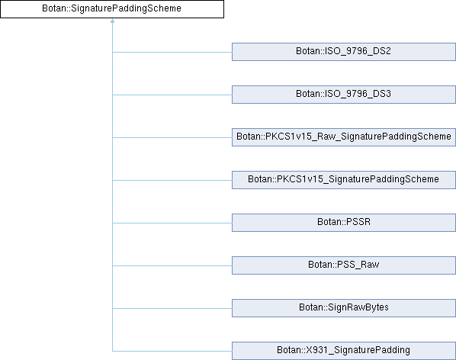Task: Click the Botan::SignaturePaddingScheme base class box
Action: coord(112,9)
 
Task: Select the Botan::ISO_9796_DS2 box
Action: coord(344,52)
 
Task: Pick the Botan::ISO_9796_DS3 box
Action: coord(344,95)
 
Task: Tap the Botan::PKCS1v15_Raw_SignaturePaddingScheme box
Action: coord(344,137)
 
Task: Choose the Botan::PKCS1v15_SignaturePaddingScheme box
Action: coord(344,180)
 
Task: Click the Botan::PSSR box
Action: coord(344,223)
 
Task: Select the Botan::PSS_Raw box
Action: coord(344,265)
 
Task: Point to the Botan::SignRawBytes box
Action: coord(344,308)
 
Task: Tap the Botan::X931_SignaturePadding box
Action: coord(344,351)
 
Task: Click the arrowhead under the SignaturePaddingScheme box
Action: coord(112,21)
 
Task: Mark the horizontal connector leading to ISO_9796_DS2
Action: coord(172,53)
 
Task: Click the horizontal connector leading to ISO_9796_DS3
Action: coord(172,95)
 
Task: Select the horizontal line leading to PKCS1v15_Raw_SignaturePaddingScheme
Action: coord(172,137)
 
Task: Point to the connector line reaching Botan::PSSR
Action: coord(172,223)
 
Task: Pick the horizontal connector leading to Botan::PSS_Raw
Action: coord(172,265)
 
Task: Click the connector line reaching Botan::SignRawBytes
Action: coord(172,309)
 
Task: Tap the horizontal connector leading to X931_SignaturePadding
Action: coord(172,352)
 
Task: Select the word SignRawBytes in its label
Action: coord(358,307)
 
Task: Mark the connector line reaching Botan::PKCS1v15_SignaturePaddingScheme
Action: coord(172,180)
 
